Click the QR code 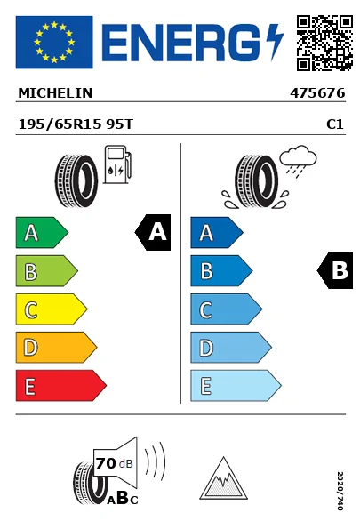[x=324, y=43]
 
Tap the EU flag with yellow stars [x=54, y=42]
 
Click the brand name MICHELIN [x=55, y=93]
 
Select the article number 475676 [x=317, y=93]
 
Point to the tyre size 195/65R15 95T [x=76, y=124]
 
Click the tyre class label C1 [x=335, y=124]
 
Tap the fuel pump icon [x=117, y=164]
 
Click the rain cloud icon [x=298, y=159]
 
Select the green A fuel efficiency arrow [x=42, y=232]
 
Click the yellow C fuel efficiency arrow [x=52, y=309]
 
